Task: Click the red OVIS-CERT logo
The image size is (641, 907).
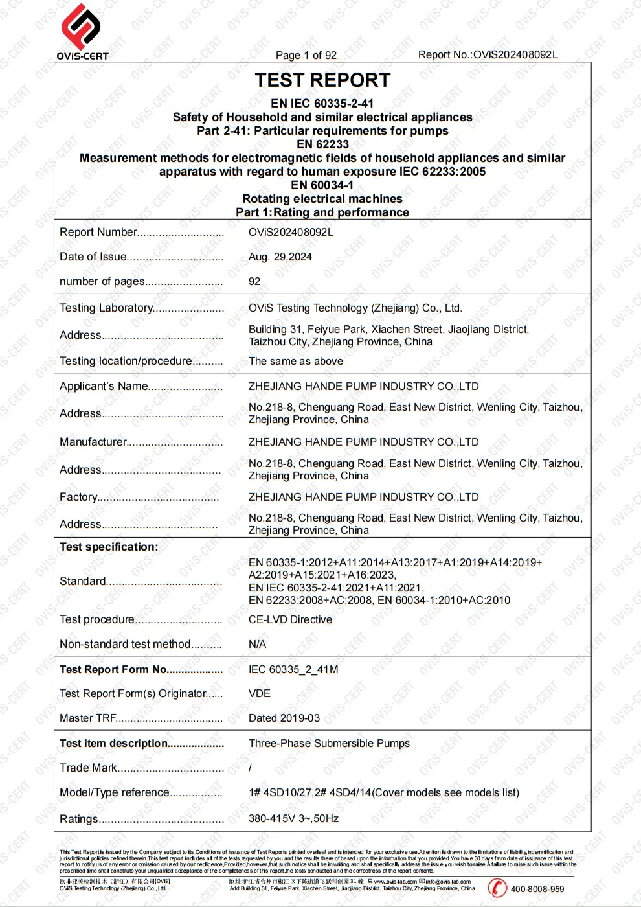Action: point(81,27)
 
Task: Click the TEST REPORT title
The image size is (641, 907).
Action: point(322,80)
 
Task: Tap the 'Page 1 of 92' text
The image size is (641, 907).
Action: point(306,55)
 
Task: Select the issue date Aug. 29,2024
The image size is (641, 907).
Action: point(280,257)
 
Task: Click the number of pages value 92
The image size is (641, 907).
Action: point(254,281)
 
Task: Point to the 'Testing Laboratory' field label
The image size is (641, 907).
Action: point(106,308)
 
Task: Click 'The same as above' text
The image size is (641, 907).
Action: point(296,361)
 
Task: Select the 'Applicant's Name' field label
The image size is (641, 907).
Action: point(104,386)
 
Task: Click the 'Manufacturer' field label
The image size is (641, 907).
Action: point(93,442)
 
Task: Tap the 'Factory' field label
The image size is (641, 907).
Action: point(78,497)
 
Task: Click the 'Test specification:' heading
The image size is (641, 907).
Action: point(109,547)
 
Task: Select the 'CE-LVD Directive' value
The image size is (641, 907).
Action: point(290,619)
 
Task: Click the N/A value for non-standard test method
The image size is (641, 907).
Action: point(257,644)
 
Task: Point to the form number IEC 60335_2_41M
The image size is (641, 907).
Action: point(293,669)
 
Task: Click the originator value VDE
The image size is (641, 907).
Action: point(260,693)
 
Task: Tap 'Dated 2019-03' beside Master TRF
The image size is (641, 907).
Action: point(284,718)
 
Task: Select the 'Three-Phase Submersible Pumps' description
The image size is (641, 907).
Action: point(329,743)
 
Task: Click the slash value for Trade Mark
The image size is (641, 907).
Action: point(251,768)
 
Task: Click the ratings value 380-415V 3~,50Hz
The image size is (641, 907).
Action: point(293,818)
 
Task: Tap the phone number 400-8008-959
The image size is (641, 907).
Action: point(537,889)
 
